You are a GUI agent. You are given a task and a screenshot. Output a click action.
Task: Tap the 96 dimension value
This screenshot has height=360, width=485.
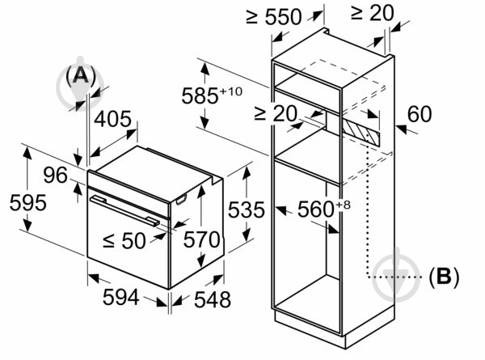click(x=55, y=174)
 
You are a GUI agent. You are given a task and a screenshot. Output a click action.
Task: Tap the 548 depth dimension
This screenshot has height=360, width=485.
click(x=197, y=299)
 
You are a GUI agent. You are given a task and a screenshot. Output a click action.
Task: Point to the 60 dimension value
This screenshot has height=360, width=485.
click(x=420, y=115)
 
